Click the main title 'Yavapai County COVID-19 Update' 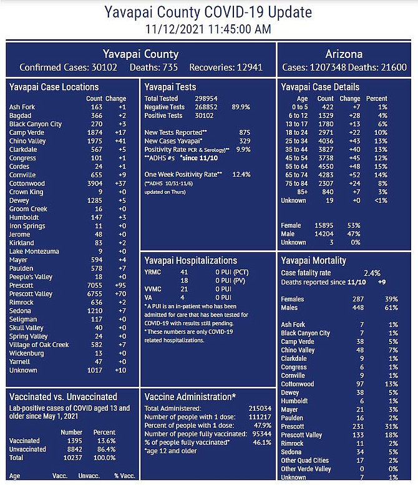(208, 12)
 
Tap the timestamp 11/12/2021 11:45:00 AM (208, 29)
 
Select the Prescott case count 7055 (95, 285)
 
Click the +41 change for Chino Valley (120, 141)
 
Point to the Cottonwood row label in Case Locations (27, 184)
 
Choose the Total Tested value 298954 (206, 99)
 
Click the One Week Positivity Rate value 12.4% (241, 174)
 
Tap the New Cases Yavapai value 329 (245, 141)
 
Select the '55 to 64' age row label (296, 167)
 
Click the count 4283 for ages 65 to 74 (326, 175)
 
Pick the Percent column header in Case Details (377, 99)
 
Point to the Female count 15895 (324, 225)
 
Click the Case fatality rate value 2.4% (372, 273)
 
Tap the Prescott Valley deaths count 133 (358, 435)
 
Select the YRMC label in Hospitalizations (153, 272)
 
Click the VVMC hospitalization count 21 (184, 289)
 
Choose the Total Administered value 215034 (260, 408)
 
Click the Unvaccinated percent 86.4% (105, 449)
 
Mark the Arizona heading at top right (344, 54)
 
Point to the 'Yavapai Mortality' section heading (313, 261)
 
